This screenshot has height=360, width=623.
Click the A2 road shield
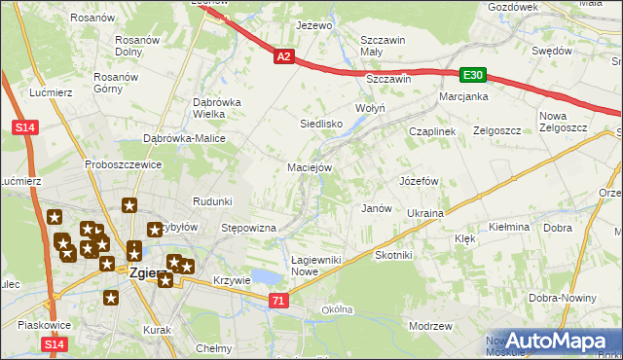click(283, 58)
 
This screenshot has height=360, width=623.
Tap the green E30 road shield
click(473, 75)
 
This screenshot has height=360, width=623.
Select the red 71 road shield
click(279, 303)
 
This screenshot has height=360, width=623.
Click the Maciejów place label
click(311, 167)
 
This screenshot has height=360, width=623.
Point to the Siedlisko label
click(320, 125)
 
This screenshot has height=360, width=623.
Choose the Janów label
click(376, 208)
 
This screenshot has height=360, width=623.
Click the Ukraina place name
click(425, 213)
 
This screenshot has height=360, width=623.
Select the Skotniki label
click(394, 255)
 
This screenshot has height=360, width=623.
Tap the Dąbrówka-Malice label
click(185, 138)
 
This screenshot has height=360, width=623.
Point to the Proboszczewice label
click(122, 164)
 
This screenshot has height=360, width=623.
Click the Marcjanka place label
click(462, 96)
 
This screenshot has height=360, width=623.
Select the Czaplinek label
click(432, 131)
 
